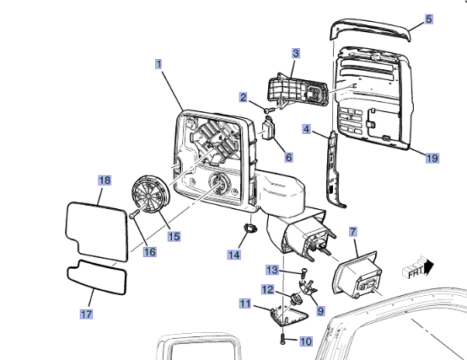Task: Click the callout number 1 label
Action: pyautogui.click(x=158, y=64)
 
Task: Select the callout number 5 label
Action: pyautogui.click(x=428, y=19)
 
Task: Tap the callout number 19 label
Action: pyautogui.click(x=432, y=158)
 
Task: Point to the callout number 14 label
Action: pyautogui.click(x=233, y=255)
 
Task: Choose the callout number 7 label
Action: pyautogui.click(x=353, y=232)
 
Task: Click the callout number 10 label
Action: pyautogui.click(x=306, y=341)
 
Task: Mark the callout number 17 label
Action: pyautogui.click(x=86, y=314)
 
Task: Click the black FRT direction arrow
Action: pyautogui.click(x=428, y=266)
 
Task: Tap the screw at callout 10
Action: pyautogui.click(x=282, y=339)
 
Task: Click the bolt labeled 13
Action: pyautogui.click(x=303, y=273)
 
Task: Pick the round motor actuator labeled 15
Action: pyautogui.click(x=151, y=194)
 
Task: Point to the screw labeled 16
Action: pyautogui.click(x=134, y=213)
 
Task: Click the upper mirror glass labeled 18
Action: pyautogui.click(x=97, y=232)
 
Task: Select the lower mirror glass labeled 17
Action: pyautogui.click(x=97, y=277)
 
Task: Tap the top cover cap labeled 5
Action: pyautogui.click(x=370, y=30)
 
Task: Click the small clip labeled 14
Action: pyautogui.click(x=250, y=228)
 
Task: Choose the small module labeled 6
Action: pyautogui.click(x=269, y=129)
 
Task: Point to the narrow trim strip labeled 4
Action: pyautogui.click(x=335, y=169)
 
